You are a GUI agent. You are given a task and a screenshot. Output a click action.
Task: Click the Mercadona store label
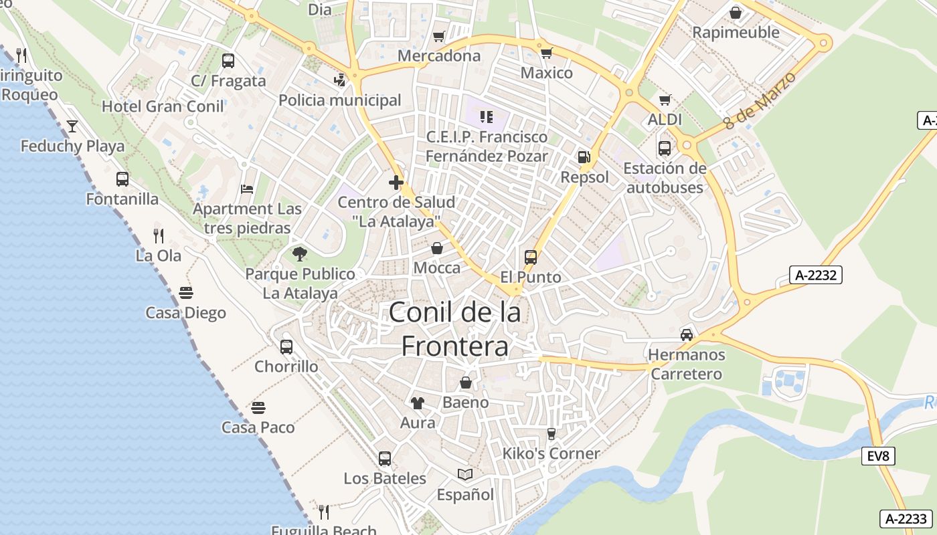[x=439, y=56]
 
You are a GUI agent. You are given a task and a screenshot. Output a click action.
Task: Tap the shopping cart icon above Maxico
[x=547, y=53]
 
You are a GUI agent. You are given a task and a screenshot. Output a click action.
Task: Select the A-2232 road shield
[x=815, y=275]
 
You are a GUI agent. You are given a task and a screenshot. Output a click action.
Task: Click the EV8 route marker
[x=878, y=456]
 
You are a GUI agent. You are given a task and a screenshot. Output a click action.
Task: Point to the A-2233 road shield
[x=907, y=518]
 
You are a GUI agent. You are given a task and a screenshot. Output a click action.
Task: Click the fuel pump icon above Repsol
[x=584, y=157]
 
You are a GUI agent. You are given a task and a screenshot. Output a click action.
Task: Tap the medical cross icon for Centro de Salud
[x=396, y=182]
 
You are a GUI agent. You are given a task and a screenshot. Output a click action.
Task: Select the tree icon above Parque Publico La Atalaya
[x=300, y=253]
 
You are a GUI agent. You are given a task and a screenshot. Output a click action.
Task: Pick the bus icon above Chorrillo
[x=286, y=346]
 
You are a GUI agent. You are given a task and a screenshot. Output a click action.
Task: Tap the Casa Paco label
[x=258, y=427]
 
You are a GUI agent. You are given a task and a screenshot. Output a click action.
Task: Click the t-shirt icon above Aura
[x=418, y=403]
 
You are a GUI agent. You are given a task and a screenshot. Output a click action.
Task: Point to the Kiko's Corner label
[x=551, y=453]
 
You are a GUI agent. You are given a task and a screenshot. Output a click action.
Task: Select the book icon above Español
[x=465, y=474]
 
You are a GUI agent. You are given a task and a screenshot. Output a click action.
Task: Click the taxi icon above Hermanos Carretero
[x=687, y=334]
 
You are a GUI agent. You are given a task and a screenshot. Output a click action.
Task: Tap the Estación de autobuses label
[x=665, y=177]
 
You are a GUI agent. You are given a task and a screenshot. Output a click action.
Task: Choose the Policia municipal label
[x=340, y=100]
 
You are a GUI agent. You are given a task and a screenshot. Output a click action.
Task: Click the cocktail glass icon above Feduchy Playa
[x=72, y=126]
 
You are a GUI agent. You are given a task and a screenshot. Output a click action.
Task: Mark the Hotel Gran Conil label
[x=163, y=106]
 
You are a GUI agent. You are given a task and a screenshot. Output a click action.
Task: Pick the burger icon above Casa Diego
[x=186, y=293]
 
